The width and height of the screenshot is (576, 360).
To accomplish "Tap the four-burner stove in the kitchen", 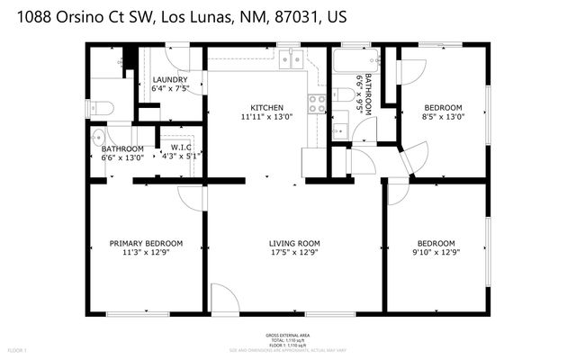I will (x=317, y=103).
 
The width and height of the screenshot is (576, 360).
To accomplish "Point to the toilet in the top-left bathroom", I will (x=103, y=108).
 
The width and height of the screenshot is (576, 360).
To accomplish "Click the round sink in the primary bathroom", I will (x=100, y=137).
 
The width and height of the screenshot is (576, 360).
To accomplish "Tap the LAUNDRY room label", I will (x=169, y=79).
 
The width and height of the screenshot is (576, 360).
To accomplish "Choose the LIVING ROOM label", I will (x=294, y=243).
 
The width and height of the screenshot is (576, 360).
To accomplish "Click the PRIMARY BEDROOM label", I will (x=146, y=243).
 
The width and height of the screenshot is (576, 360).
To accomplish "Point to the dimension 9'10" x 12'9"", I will (x=435, y=254).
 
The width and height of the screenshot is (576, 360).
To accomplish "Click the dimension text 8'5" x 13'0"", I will (x=443, y=117).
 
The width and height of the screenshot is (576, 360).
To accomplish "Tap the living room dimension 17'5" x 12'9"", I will (x=294, y=254).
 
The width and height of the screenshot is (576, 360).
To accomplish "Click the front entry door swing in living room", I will (x=223, y=299).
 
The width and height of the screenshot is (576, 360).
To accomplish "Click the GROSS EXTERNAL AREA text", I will (x=287, y=332).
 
